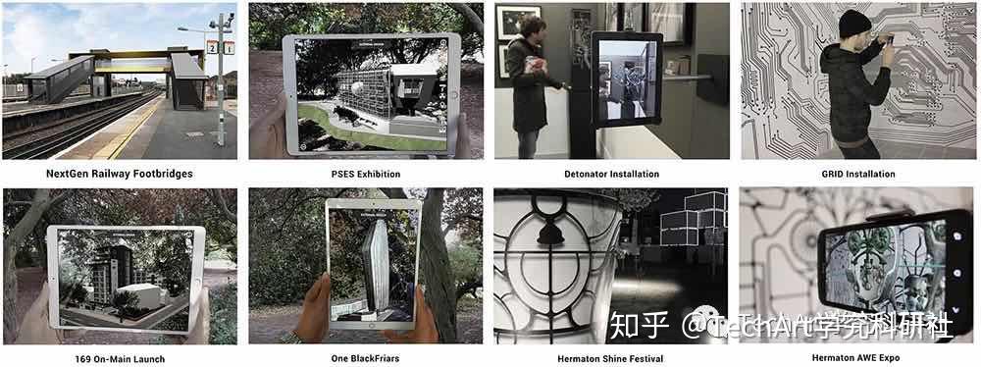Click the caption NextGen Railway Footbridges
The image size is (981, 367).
(119, 174)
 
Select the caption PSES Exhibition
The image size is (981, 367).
(366, 174)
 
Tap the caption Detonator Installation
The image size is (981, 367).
(611, 174)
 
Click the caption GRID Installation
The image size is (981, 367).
(857, 174)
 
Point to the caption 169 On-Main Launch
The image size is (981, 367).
(119, 358)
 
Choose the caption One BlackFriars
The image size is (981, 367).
(366, 358)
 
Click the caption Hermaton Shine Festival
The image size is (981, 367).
(611, 358)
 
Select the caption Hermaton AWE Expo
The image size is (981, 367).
(857, 358)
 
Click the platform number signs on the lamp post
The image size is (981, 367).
(220, 46)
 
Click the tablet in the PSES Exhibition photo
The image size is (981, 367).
(371, 94)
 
